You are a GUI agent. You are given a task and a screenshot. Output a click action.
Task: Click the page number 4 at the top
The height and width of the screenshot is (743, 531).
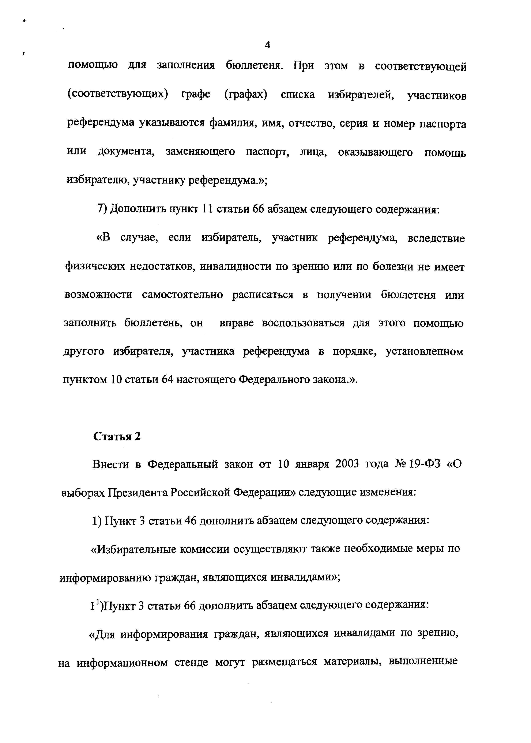(267, 45)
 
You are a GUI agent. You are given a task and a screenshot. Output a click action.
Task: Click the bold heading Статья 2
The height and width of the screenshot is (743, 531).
(117, 436)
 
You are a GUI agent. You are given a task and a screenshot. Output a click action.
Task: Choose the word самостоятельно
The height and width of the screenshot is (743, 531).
(182, 295)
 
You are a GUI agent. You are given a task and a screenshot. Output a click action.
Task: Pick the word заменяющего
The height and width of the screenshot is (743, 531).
(200, 152)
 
